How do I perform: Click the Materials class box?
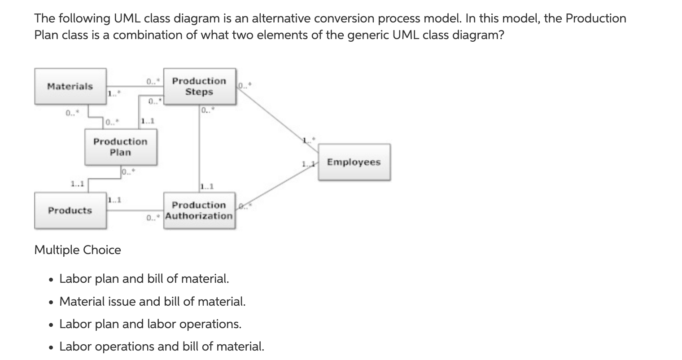click(x=70, y=86)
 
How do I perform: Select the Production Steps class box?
click(x=199, y=86)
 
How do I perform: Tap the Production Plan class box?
click(x=121, y=147)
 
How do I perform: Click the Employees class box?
click(x=354, y=162)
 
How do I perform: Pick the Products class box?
click(x=70, y=211)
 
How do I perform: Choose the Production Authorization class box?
click(x=199, y=211)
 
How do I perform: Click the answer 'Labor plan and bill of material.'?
click(x=144, y=279)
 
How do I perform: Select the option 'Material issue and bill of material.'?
click(x=153, y=301)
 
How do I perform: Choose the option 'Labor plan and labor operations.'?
click(x=150, y=324)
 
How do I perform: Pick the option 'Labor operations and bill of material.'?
click(x=162, y=347)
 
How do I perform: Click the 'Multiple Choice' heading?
click(x=78, y=250)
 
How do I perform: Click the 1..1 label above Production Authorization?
click(x=207, y=186)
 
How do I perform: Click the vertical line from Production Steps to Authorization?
click(x=199, y=148)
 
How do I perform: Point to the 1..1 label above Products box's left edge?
click(x=78, y=184)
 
